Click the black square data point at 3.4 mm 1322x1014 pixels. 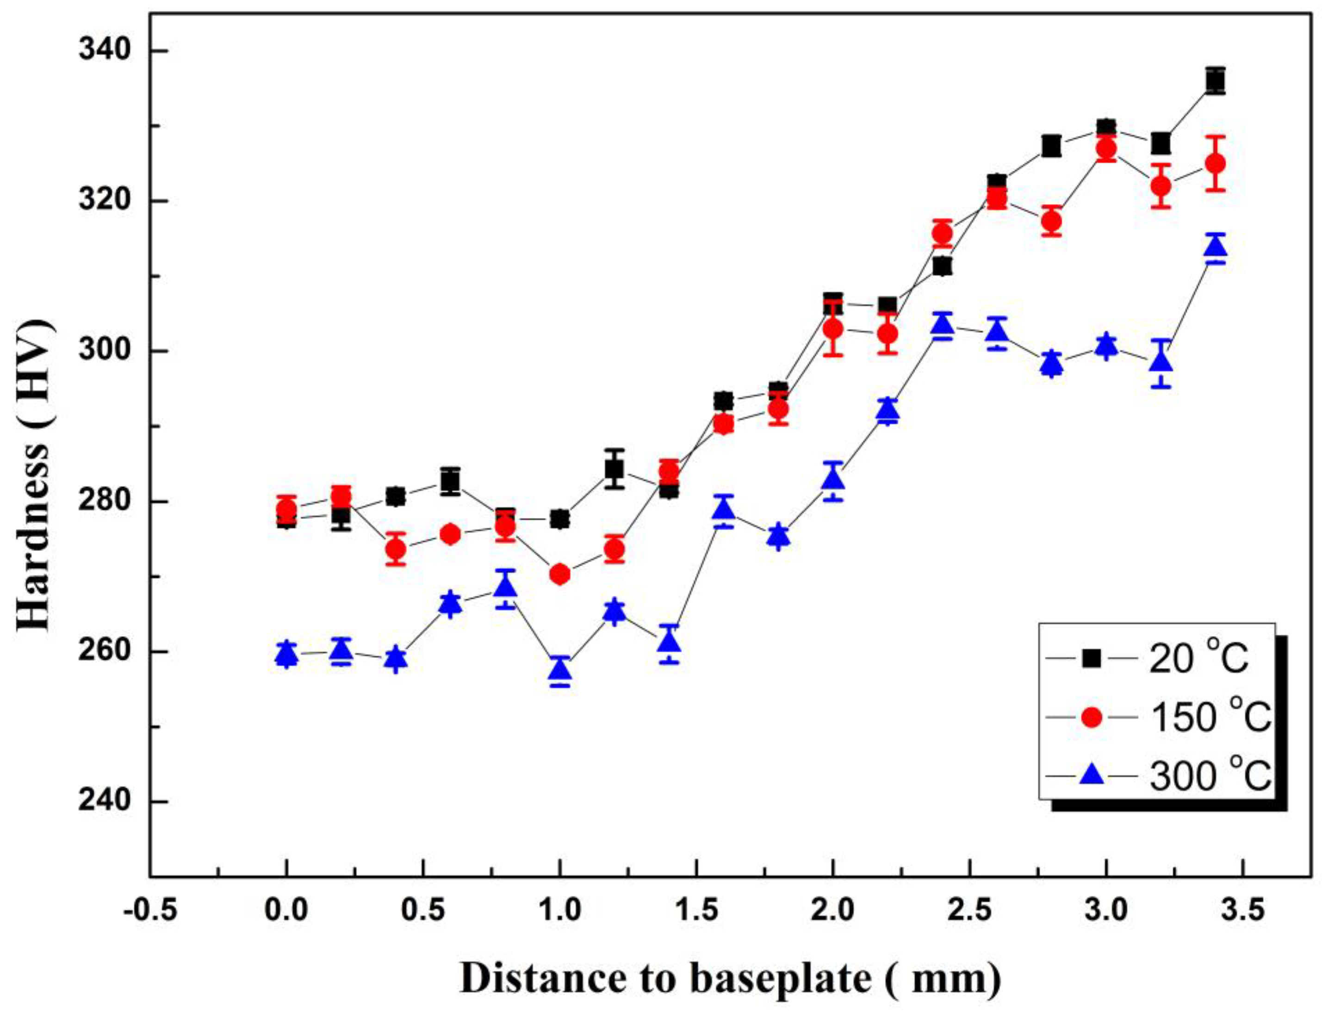pos(1215,97)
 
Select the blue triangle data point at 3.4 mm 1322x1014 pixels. pos(1215,247)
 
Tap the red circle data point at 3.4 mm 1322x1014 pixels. pos(1215,164)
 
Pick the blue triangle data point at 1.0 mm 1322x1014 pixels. pos(560,669)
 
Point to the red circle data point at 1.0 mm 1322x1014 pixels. pos(560,574)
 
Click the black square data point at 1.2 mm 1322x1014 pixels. pos(614,469)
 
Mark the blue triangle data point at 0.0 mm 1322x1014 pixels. pos(287,654)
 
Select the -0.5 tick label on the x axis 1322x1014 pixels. pos(150,911)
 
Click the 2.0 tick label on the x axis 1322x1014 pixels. pos(833,911)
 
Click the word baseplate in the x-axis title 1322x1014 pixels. pos(779,979)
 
